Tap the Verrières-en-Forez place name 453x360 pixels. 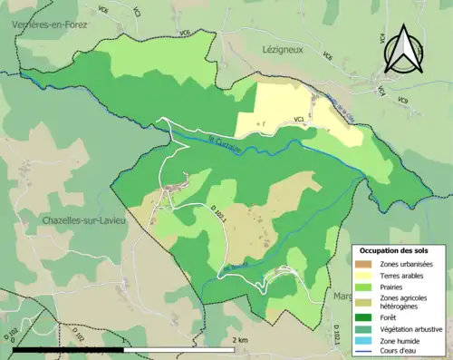coord(50,25)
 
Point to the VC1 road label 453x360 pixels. coord(299,117)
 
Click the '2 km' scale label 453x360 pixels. coord(239,340)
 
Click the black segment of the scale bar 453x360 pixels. coord(69,349)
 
